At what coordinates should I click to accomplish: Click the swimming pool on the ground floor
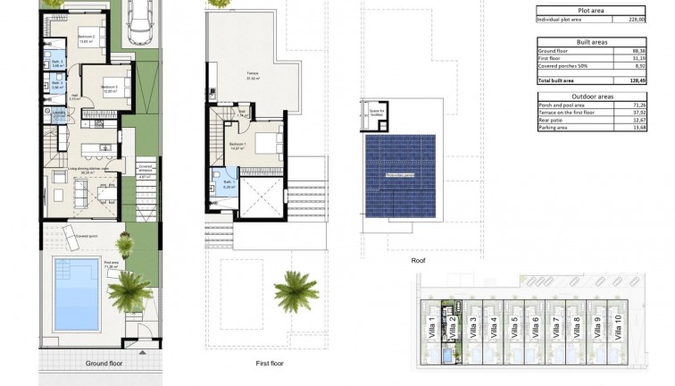tap(76, 294)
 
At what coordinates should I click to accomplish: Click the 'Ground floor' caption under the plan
tap(104, 364)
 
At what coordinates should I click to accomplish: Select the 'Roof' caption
tap(418, 261)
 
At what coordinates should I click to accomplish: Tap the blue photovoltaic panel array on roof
tap(401, 175)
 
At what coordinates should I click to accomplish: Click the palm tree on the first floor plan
tap(296, 290)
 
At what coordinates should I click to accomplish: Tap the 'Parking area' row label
tap(557, 128)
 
